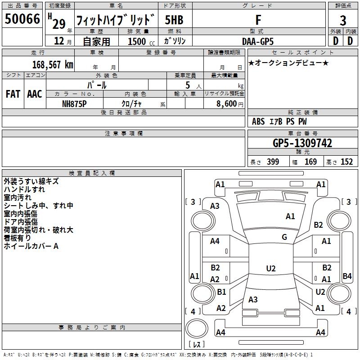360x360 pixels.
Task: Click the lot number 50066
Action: click(x=22, y=19)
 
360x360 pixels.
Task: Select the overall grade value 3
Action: click(x=343, y=21)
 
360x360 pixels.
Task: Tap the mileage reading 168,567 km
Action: click(x=53, y=64)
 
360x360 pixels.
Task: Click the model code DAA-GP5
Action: click(x=258, y=41)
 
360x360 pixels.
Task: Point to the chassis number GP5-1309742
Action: click(x=302, y=143)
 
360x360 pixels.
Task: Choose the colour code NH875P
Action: click(x=74, y=104)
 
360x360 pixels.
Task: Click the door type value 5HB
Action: click(x=174, y=20)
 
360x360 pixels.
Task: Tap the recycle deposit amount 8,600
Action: click(x=226, y=104)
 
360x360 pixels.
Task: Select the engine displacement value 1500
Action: click(x=137, y=41)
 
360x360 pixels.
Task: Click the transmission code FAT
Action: click(x=13, y=94)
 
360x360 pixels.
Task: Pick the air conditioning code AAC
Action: click(x=35, y=94)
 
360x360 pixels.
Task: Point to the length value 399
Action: click(x=273, y=162)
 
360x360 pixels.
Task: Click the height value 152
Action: click(x=346, y=162)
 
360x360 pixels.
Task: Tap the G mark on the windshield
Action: click(x=284, y=237)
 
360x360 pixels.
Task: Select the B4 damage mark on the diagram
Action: click(x=347, y=276)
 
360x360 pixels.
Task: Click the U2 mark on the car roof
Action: click(x=271, y=268)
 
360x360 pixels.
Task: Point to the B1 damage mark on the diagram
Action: click(x=221, y=292)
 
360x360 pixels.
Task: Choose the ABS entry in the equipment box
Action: click(x=258, y=121)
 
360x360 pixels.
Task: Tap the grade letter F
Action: click(x=258, y=20)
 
